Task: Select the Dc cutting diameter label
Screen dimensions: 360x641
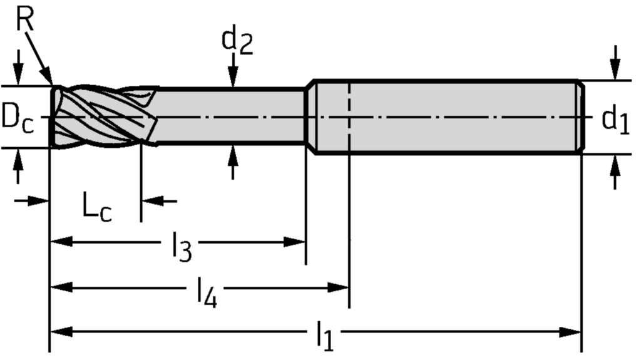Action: (x=17, y=117)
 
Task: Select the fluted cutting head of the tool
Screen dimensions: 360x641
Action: (x=103, y=117)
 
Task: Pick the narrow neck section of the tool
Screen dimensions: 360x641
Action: (x=232, y=117)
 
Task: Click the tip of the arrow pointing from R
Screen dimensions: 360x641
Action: (x=51, y=85)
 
